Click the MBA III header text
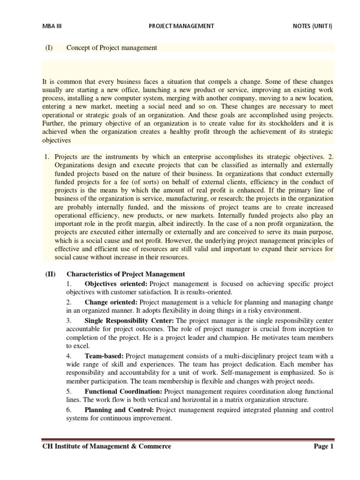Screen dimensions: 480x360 point(52,26)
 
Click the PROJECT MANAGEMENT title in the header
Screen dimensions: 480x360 point(180,26)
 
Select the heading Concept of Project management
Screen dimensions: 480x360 point(112,48)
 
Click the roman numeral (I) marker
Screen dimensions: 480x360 point(49,48)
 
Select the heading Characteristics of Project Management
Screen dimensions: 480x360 point(126,274)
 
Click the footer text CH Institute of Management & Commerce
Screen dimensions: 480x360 point(107,446)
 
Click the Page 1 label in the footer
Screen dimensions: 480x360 point(323,446)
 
